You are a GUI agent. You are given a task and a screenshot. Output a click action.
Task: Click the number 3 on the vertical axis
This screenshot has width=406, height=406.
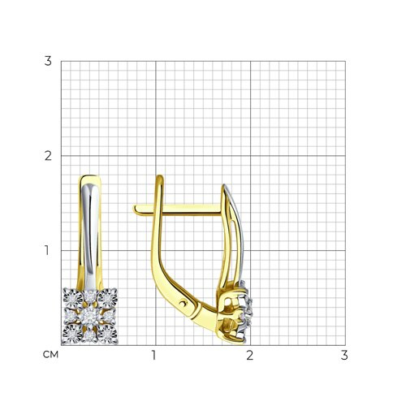point(48,61)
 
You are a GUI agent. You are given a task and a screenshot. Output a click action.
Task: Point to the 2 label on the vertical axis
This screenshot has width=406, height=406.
point(48,156)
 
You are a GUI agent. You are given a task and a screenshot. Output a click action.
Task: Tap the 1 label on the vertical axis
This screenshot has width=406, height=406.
point(47,250)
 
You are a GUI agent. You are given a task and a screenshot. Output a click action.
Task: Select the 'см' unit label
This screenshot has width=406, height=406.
point(50,355)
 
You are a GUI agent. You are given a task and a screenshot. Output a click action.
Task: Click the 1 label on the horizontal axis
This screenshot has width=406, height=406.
point(154,355)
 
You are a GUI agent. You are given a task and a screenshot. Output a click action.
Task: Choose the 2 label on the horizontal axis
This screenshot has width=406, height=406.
point(249,355)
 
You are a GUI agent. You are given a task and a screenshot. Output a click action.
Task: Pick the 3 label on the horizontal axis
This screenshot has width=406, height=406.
point(344,355)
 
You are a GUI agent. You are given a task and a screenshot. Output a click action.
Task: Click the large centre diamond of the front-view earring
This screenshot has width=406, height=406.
point(89,317)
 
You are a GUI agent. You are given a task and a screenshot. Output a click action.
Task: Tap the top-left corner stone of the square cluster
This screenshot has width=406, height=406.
point(72,298)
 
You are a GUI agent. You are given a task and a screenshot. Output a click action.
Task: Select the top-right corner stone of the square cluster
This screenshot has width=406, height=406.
point(108,298)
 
